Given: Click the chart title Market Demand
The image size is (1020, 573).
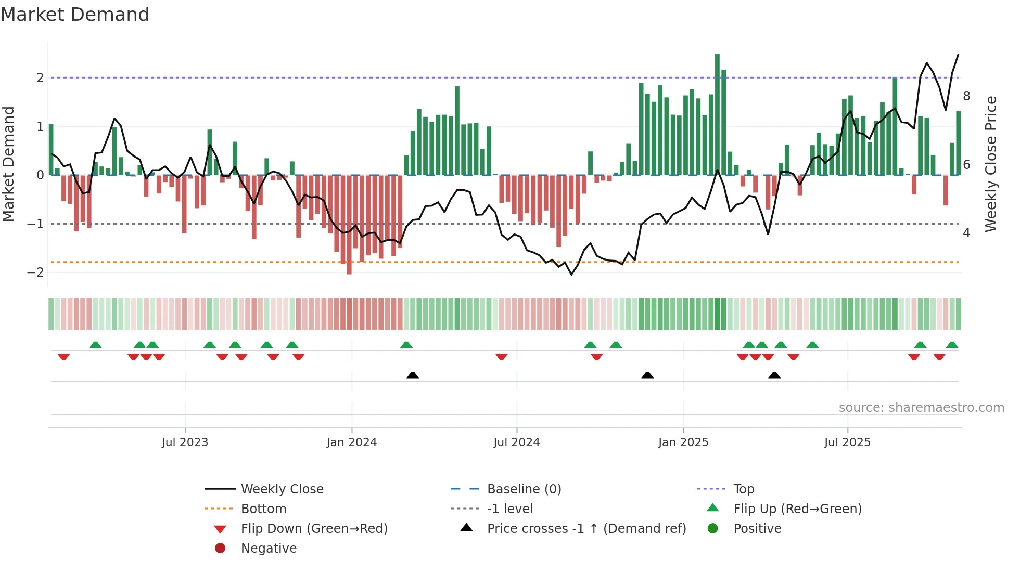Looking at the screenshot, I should click(75, 15).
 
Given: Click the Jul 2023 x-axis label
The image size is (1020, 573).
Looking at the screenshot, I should click(185, 442).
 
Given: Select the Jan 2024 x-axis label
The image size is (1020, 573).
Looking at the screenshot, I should click(351, 442).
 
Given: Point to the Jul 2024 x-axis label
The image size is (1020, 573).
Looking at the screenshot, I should click(516, 442).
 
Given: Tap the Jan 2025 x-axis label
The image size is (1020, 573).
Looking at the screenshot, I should click(683, 442).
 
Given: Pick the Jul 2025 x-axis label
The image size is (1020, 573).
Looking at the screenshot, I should click(847, 442).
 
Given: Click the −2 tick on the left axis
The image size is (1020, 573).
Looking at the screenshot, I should click(35, 272).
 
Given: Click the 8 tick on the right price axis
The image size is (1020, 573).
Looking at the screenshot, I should click(966, 96).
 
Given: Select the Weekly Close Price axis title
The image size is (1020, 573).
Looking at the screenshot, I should click(991, 164).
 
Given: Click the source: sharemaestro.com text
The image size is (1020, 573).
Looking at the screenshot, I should click(921, 408).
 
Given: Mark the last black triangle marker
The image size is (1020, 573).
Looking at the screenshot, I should click(774, 375).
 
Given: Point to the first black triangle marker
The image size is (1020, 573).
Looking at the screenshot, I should click(413, 375).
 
